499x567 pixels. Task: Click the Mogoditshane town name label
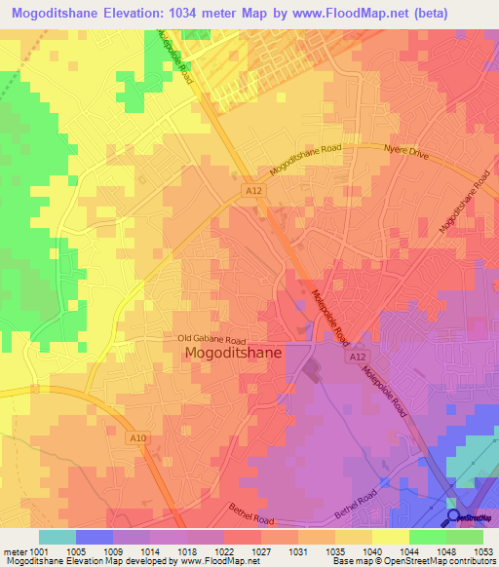click(234, 356)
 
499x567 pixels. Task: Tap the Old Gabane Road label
click(212, 339)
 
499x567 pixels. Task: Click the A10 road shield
click(138, 439)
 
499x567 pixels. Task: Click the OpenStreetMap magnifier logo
click(454, 517)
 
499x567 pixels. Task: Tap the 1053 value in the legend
click(483, 550)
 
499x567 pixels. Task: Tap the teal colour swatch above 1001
click(58, 537)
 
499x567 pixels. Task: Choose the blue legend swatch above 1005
click(95, 537)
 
